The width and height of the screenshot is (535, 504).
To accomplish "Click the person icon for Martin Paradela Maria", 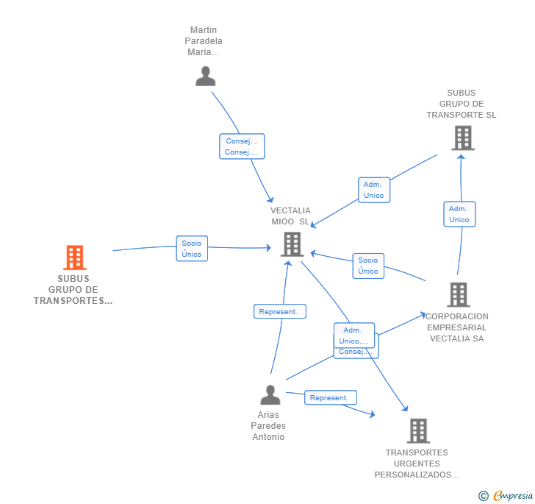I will pyautogui.click(x=206, y=76).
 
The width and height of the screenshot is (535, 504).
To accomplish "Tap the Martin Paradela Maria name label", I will pyautogui.click(x=206, y=41).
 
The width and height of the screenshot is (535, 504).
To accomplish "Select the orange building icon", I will pyautogui.click(x=74, y=258).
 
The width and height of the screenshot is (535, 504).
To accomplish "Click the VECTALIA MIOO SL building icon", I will pyautogui.click(x=292, y=244).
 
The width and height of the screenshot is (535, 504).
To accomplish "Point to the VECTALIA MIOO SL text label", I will pyautogui.click(x=291, y=216).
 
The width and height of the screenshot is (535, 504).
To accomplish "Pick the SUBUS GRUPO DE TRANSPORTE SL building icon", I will pyautogui.click(x=462, y=138).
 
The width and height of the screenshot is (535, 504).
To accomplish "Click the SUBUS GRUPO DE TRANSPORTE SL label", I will pyautogui.click(x=462, y=104).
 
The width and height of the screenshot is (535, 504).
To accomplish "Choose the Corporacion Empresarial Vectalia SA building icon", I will pyautogui.click(x=458, y=294).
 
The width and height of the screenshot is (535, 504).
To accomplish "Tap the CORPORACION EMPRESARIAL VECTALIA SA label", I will pyautogui.click(x=457, y=327).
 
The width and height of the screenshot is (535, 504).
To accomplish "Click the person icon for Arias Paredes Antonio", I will pyautogui.click(x=270, y=395).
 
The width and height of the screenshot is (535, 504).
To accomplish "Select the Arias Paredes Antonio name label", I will pyautogui.click(x=268, y=426).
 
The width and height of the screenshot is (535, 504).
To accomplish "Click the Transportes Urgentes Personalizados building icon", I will pyautogui.click(x=417, y=430).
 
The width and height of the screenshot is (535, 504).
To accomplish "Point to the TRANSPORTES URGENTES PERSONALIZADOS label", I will pyautogui.click(x=417, y=464).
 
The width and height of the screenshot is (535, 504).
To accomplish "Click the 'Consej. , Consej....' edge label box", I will pyautogui.click(x=242, y=146).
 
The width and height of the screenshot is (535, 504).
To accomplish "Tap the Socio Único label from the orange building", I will pyautogui.click(x=192, y=249).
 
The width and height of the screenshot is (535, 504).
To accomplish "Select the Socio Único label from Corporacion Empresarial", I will pyautogui.click(x=368, y=266).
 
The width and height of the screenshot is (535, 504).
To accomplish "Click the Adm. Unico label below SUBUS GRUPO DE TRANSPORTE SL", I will pyautogui.click(x=459, y=214).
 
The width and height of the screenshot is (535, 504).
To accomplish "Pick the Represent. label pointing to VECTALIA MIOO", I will pyautogui.click(x=279, y=311).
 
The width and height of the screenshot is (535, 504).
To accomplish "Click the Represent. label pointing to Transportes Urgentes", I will pyautogui.click(x=330, y=397).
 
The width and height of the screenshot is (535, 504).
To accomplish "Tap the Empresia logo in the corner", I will pyautogui.click(x=506, y=496).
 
